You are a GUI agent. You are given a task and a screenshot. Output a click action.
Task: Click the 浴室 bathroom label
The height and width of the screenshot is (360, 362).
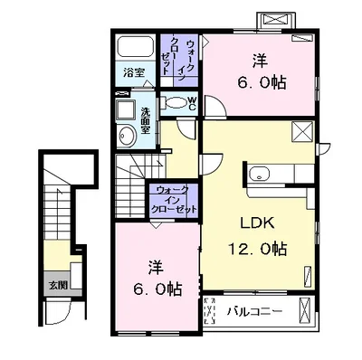click(134, 72)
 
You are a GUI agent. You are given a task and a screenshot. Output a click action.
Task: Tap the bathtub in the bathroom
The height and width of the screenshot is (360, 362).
click(135, 46)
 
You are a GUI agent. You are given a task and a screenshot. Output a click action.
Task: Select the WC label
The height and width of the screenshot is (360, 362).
click(192, 103)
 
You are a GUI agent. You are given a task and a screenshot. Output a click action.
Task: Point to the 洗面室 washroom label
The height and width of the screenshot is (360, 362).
click(146, 120)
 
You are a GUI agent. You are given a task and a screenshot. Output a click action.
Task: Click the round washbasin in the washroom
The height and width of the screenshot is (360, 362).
click(125, 137)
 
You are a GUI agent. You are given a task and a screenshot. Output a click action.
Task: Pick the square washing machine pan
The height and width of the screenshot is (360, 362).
click(126, 109)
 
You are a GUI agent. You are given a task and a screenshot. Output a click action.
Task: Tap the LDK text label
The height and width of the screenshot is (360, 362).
click(257, 223)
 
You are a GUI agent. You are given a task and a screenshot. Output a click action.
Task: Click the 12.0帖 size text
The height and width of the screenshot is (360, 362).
click(257, 249)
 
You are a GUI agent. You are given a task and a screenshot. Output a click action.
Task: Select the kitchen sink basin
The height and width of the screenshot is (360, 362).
click(260, 174)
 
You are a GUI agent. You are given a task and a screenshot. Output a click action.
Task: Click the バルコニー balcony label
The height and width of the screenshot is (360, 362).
click(254, 311)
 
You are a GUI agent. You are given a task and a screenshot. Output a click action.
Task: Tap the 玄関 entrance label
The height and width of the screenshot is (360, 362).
click(58, 285)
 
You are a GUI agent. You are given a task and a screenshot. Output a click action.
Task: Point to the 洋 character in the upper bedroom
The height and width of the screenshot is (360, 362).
click(260, 61)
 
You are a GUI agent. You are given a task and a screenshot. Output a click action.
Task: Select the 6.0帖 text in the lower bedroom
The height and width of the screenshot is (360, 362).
click(157, 289)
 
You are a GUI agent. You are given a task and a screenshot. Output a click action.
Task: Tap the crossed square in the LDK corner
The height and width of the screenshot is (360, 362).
click(302, 131)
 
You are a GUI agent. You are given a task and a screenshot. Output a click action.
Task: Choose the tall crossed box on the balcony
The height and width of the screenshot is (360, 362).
click(305, 310)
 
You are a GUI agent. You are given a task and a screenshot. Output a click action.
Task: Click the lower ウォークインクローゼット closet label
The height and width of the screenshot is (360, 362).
click(174, 200)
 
